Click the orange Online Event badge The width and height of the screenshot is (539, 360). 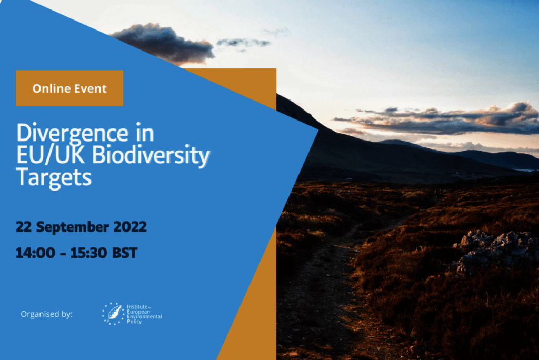coord(69,88)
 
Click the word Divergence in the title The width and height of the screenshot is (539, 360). coord(73,134)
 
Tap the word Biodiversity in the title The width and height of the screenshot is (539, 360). coord(151,155)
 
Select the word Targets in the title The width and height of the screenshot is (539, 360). coord(54,178)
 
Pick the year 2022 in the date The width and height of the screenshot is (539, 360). coord(130,227)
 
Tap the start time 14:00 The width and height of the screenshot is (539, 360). coord(35,253)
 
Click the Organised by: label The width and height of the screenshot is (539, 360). coord(47,314)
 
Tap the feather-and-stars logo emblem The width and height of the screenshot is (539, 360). coord(113,314)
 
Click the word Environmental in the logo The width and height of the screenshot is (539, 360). coord(144,317)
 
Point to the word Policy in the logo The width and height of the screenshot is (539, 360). coord(134,322)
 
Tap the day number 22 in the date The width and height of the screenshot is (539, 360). coord(24,227)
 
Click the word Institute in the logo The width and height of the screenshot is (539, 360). coord(137,307)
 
